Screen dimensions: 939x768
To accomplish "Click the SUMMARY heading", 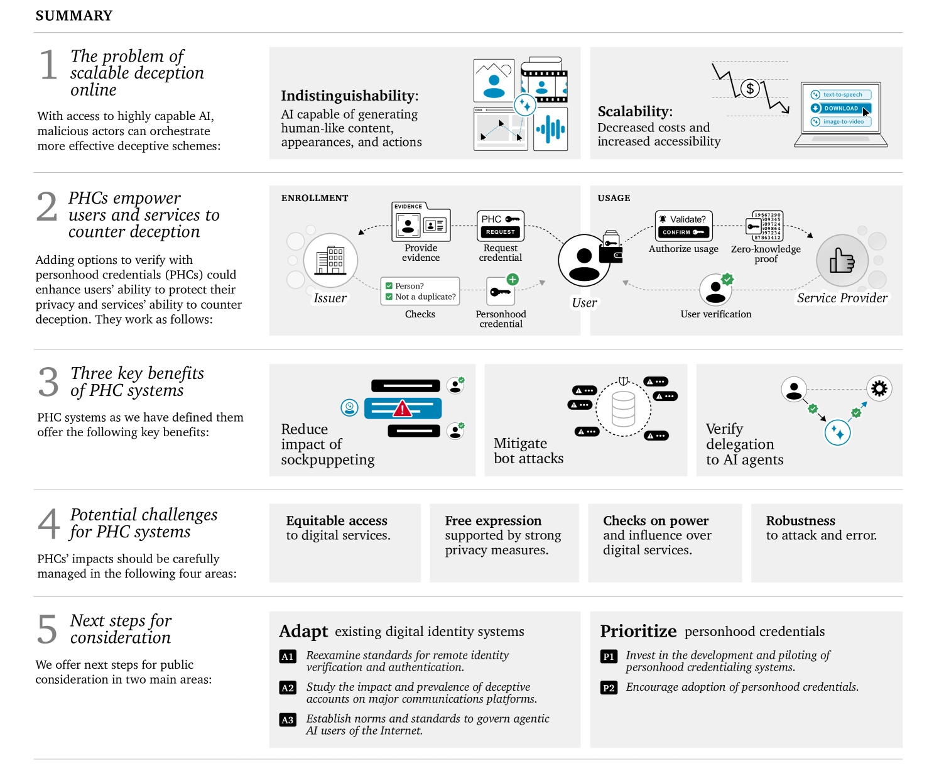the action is click(74, 16).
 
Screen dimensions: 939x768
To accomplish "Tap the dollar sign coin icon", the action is click(750, 88).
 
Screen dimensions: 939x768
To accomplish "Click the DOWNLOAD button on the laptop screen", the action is click(840, 108).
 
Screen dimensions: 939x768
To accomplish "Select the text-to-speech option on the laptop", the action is click(840, 94).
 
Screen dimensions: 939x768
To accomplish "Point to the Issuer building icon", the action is click(330, 260).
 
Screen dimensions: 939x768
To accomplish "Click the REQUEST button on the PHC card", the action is click(500, 232).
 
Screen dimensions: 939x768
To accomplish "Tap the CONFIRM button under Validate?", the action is click(683, 232).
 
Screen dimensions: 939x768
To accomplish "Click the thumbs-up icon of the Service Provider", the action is click(842, 260).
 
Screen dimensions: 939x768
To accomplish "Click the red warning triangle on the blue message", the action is click(402, 409).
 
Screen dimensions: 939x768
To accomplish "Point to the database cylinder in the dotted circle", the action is click(623, 409).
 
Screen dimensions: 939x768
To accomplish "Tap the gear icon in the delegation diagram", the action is click(879, 388).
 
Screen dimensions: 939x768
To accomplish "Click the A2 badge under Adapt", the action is click(288, 688).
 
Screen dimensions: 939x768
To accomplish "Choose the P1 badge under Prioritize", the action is click(609, 656).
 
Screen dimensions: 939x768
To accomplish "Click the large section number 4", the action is click(48, 524).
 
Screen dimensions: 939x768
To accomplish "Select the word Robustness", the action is click(801, 520).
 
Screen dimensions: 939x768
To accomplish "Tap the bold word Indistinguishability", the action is click(349, 96).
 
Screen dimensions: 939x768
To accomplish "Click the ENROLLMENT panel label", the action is click(314, 198).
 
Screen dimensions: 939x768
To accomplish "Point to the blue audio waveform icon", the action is click(550, 129).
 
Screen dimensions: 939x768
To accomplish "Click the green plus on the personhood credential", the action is click(513, 279).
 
